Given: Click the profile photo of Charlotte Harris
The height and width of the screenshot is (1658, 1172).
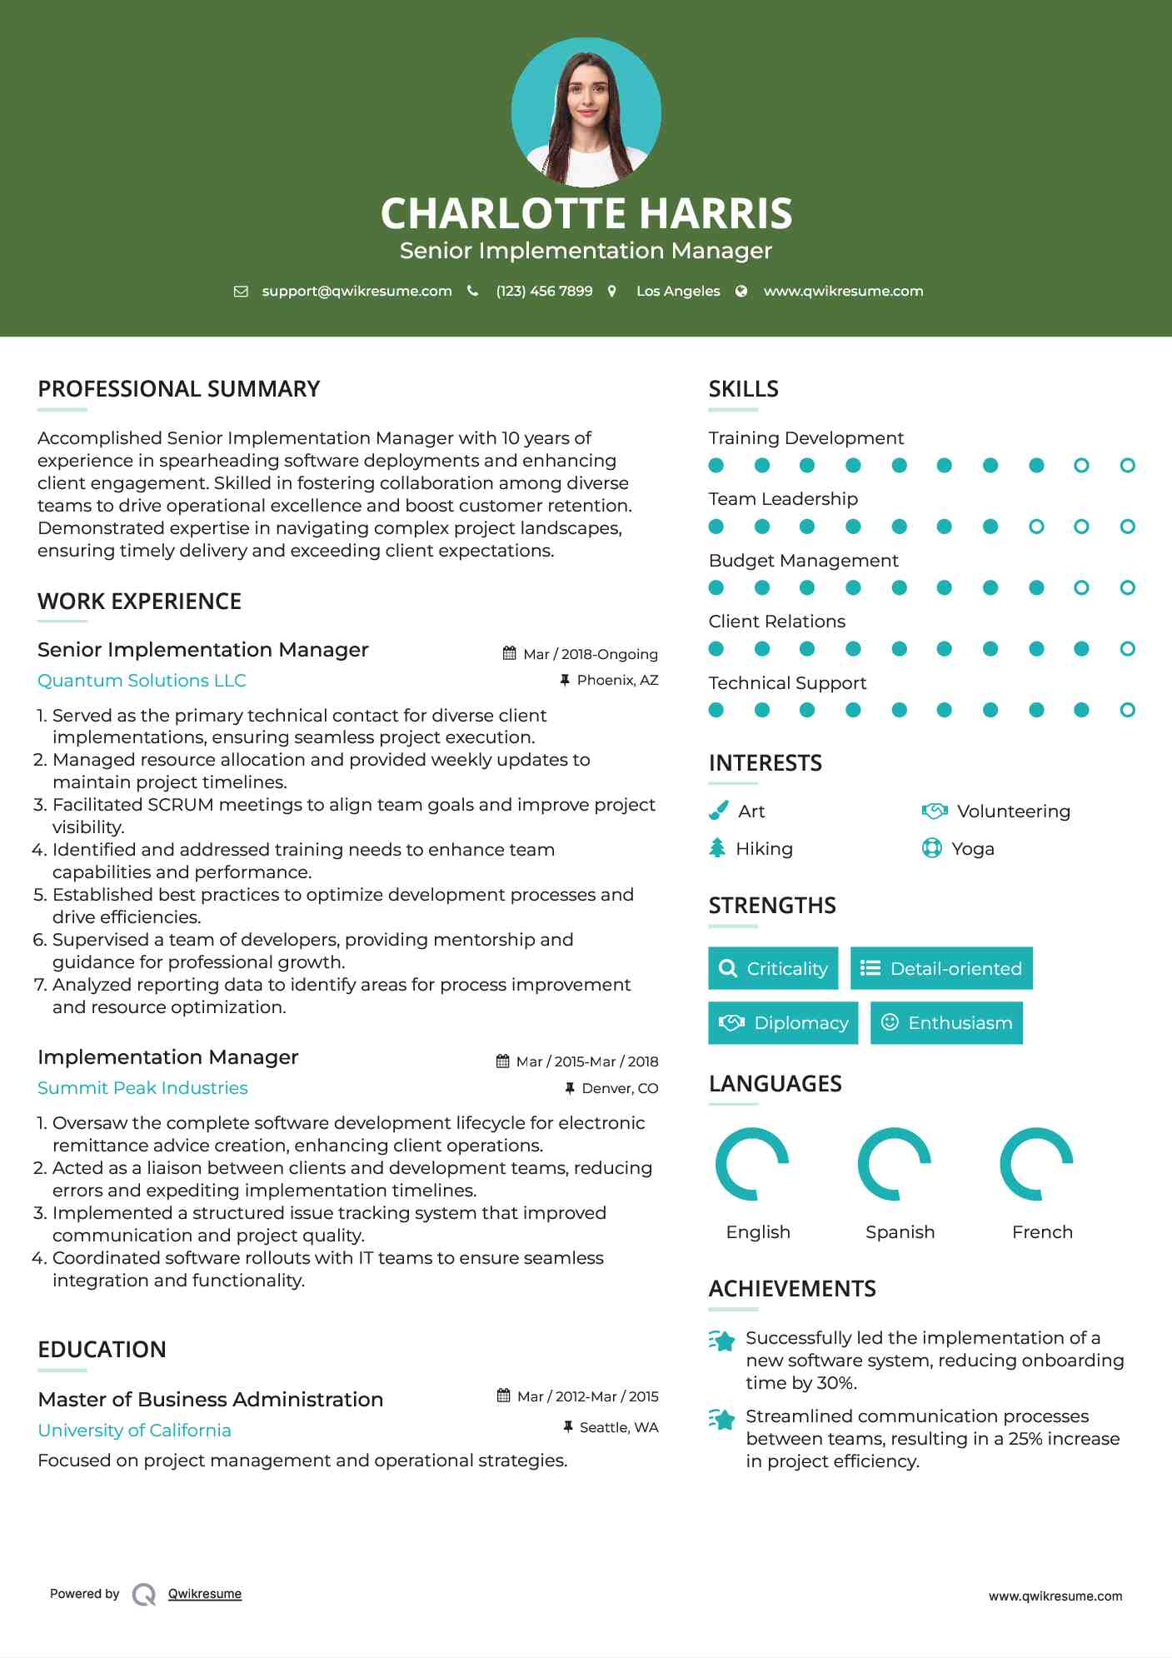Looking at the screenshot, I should tap(586, 112).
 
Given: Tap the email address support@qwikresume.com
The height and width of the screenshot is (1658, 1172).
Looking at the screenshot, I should tap(357, 291).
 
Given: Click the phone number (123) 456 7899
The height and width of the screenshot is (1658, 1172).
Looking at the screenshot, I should tap(544, 291).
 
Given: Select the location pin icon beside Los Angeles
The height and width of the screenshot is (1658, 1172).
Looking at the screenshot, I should tap(612, 291).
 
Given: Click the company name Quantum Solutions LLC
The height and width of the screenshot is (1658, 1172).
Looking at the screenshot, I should tap(142, 681).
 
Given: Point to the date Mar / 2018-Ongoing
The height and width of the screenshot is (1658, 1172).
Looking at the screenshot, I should tap(590, 654).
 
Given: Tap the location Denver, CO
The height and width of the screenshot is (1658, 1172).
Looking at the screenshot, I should tap(620, 1088).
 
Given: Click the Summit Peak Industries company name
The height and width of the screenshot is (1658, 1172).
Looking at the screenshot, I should tap(142, 1088).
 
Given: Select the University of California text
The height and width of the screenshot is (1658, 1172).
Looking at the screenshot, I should tap(134, 1431).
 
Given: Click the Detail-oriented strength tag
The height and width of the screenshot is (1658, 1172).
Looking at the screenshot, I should tap(941, 968).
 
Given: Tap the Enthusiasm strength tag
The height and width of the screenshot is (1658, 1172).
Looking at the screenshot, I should tap(946, 1023).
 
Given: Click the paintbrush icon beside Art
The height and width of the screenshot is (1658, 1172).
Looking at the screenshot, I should tap(717, 811).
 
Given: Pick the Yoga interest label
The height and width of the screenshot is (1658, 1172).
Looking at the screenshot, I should tap(972, 849).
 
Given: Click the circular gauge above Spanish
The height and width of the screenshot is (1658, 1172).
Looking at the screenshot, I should tap(894, 1164).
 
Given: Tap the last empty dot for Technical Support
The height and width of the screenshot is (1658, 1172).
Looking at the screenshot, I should tap(1127, 710).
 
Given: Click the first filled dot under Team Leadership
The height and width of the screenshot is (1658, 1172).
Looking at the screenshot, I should tap(716, 527).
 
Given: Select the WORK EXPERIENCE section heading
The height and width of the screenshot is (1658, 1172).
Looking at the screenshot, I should tap(139, 602).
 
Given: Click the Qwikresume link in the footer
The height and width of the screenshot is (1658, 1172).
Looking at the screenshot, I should tap(205, 1594).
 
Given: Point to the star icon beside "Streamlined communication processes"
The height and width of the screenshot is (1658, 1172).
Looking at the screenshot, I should tap(722, 1419).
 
